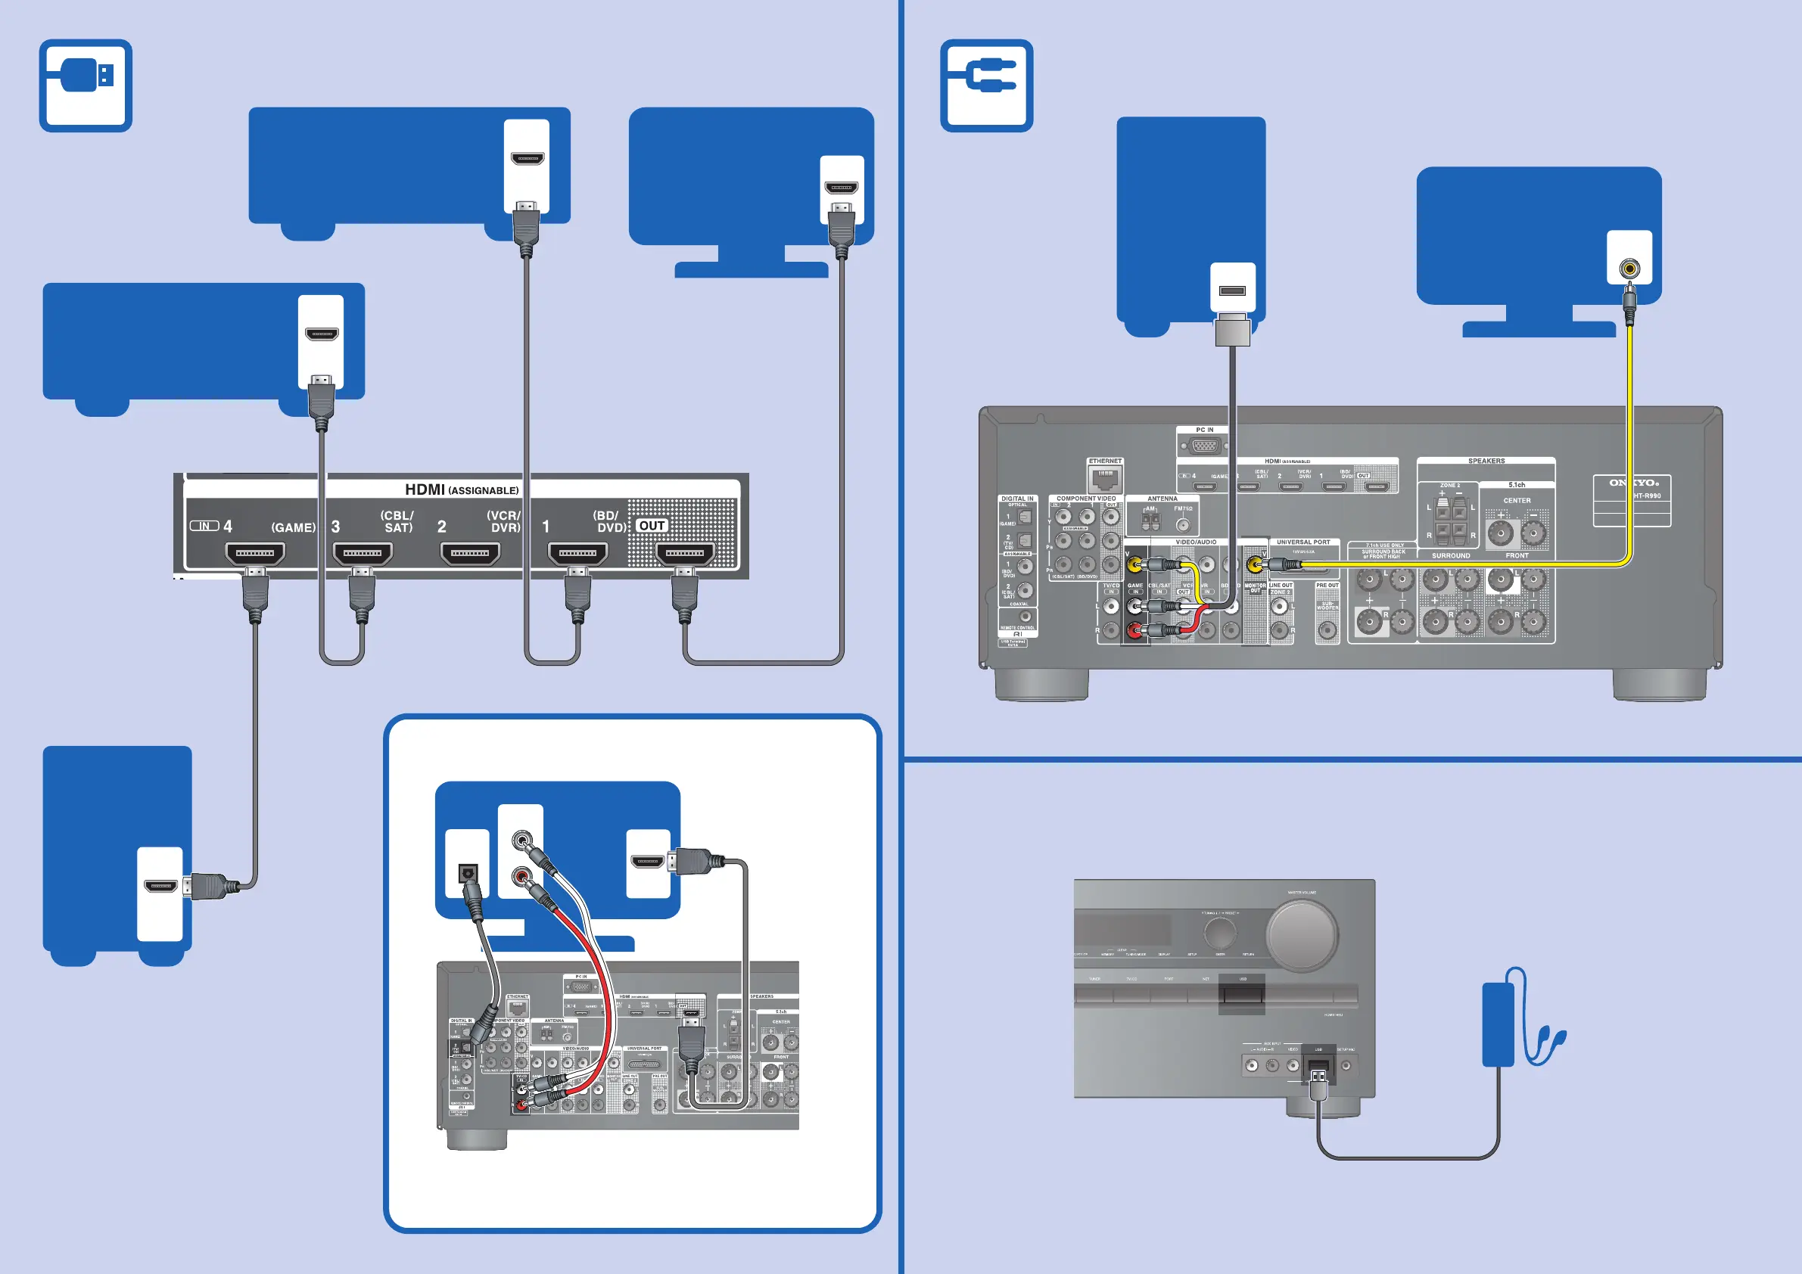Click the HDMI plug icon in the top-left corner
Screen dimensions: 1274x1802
pos(86,85)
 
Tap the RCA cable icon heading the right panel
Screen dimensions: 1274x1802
pos(987,85)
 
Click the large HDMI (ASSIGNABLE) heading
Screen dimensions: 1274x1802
pos(462,489)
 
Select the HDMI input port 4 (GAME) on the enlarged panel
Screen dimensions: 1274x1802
pos(255,553)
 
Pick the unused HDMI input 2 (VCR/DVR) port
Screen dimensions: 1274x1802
pos(470,553)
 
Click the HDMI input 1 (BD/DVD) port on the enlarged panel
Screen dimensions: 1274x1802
pos(577,553)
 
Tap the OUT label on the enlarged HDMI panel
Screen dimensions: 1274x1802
pos(652,526)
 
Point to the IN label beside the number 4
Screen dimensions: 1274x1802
pos(204,526)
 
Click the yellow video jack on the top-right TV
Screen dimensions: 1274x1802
pos(1629,269)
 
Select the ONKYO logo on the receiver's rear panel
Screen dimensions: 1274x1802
pos(1632,483)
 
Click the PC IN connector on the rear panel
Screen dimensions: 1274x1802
pos(1205,446)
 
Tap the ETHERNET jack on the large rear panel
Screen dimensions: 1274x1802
pos(1105,478)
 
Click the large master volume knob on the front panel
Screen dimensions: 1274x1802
pos(1301,934)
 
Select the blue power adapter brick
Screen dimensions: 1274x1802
pos(1498,1024)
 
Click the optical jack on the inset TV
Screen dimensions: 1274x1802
pos(468,872)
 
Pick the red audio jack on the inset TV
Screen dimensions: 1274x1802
pos(521,875)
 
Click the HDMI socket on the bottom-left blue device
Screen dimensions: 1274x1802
pos(160,887)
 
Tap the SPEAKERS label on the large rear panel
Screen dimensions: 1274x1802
pos(1486,461)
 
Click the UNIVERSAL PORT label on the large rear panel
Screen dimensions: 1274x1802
pos(1302,542)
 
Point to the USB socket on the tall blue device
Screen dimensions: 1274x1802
pos(1232,291)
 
